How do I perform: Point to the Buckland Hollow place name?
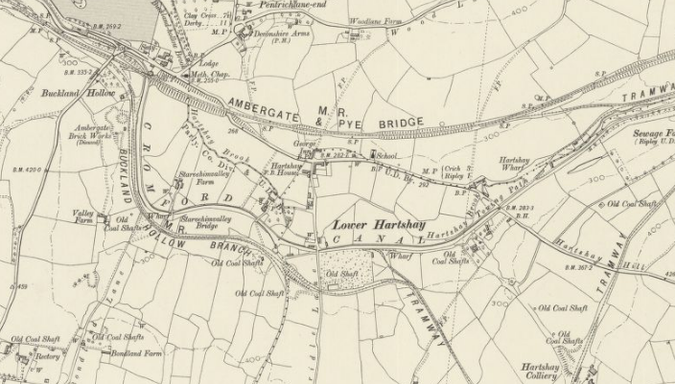pos(78,94)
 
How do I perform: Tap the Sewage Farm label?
pos(655,134)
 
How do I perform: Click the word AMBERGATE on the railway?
pos(268,106)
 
